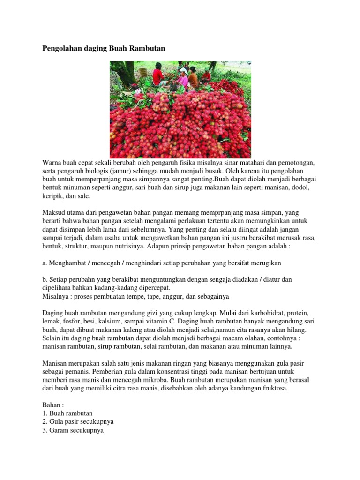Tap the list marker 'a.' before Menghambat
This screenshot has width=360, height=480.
(x=45, y=263)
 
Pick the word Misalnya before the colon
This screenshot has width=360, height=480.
(x=56, y=297)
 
